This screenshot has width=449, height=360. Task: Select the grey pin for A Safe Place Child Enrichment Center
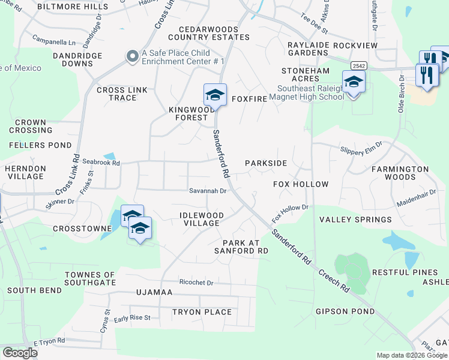[x=133, y=57]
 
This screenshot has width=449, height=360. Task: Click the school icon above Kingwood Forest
[x=215, y=95]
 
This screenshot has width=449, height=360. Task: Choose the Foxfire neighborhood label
[x=249, y=99]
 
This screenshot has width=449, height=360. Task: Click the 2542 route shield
[x=359, y=65]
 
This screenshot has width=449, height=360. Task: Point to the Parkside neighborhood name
[x=266, y=163]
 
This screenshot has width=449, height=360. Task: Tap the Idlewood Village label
[x=202, y=219]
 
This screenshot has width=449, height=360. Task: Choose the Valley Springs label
[x=355, y=220]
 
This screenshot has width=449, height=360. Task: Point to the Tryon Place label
[x=202, y=312]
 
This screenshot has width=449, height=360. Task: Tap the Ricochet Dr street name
[x=196, y=282]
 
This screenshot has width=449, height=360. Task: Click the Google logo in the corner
[x=20, y=353]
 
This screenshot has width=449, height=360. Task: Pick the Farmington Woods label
[x=401, y=173]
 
